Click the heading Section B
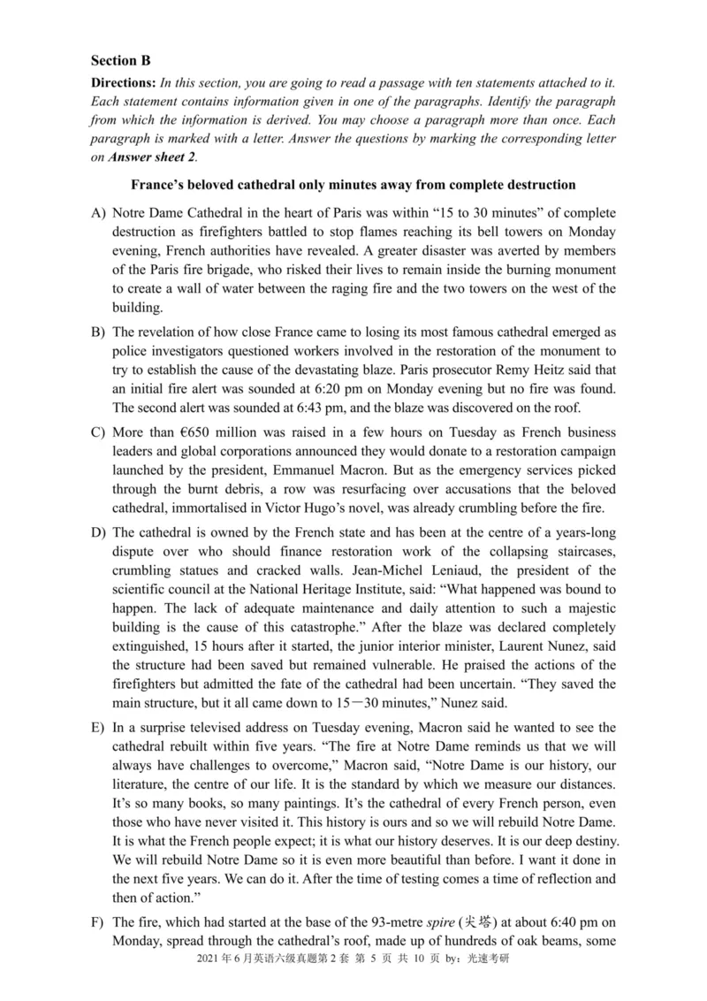click(121, 61)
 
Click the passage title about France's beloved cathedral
click(353, 186)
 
